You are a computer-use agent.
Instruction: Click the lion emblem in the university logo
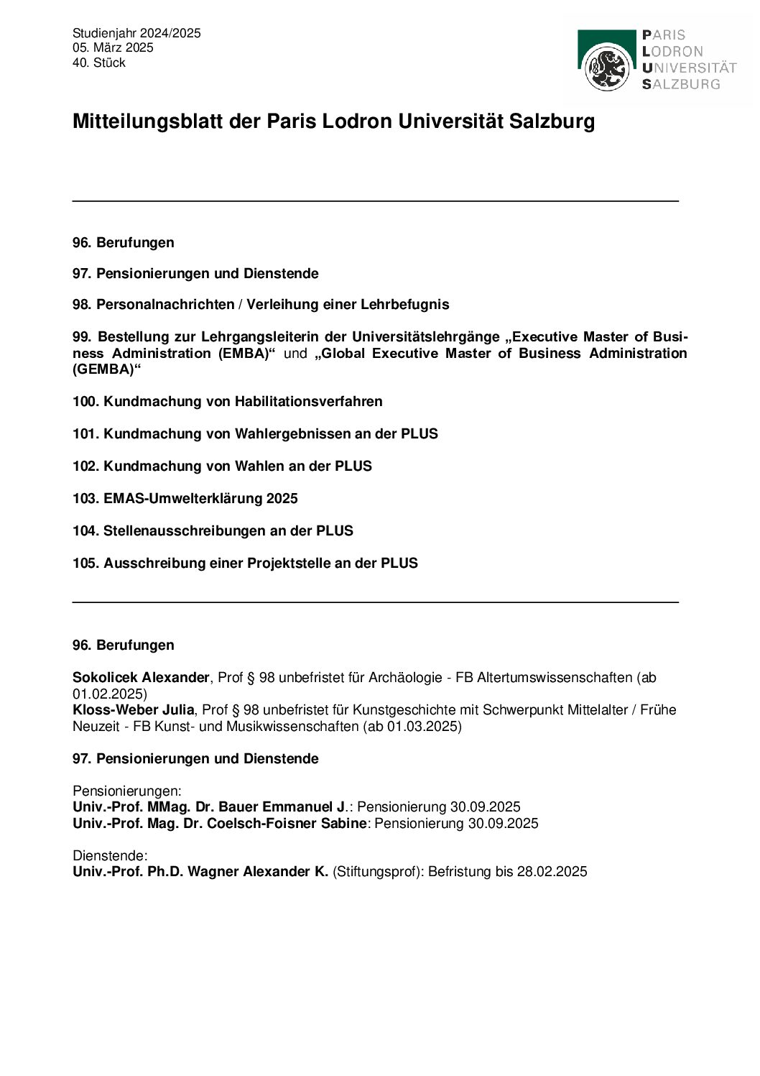(x=608, y=67)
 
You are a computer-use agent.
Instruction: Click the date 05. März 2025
(x=113, y=48)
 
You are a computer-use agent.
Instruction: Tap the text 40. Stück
(x=98, y=63)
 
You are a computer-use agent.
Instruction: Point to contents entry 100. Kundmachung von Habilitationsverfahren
(x=227, y=402)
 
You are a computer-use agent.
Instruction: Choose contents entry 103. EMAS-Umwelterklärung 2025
(x=185, y=499)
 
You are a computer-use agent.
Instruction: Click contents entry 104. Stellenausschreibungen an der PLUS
(x=213, y=531)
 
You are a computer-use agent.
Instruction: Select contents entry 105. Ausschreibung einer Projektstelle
(x=245, y=564)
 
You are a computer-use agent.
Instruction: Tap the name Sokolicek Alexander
(x=141, y=678)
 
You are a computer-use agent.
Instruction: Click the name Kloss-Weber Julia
(x=133, y=710)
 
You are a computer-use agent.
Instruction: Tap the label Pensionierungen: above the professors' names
(x=127, y=791)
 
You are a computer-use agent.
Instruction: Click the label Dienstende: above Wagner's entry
(x=110, y=856)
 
